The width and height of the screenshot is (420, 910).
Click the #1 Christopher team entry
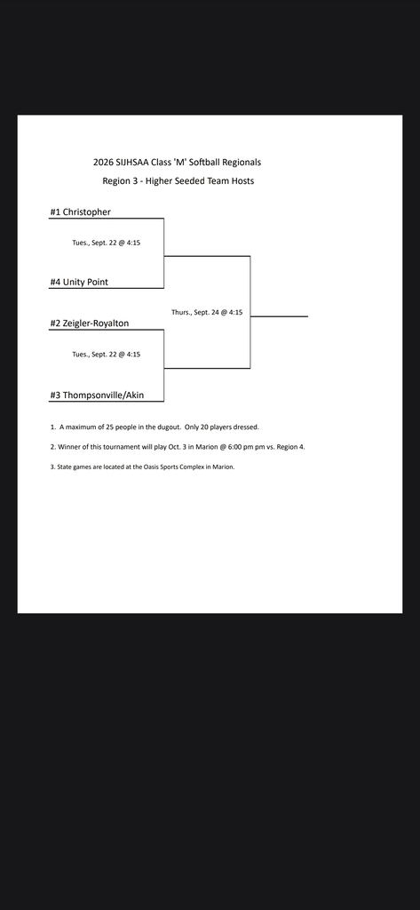pyautogui.click(x=80, y=212)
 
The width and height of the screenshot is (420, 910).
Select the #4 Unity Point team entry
pyautogui.click(x=79, y=282)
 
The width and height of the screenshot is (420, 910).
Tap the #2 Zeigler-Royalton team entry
pyautogui.click(x=90, y=323)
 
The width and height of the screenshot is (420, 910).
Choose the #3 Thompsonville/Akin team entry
pyautogui.click(x=97, y=395)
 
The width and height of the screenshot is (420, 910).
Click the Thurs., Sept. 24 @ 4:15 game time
pyautogui.click(x=207, y=312)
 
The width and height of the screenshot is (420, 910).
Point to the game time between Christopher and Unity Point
pyautogui.click(x=107, y=243)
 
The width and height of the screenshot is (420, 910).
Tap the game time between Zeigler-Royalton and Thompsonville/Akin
pyautogui.click(x=107, y=354)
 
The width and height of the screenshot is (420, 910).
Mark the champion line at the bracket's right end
pyautogui.click(x=279, y=316)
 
